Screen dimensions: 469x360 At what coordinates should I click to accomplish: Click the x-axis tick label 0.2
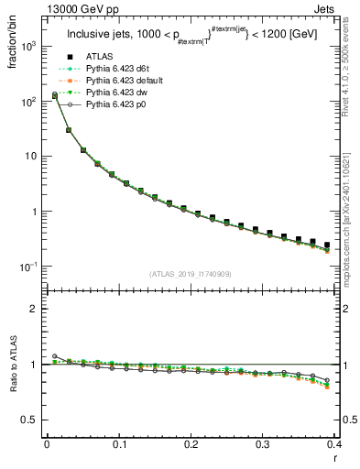(191, 444)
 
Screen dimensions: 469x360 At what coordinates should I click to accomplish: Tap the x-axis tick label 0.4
(333, 444)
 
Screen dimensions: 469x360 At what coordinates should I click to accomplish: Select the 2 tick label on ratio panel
(34, 309)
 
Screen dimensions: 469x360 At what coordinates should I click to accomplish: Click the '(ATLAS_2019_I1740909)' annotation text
(190, 274)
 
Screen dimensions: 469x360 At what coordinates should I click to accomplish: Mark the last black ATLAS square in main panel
(327, 245)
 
